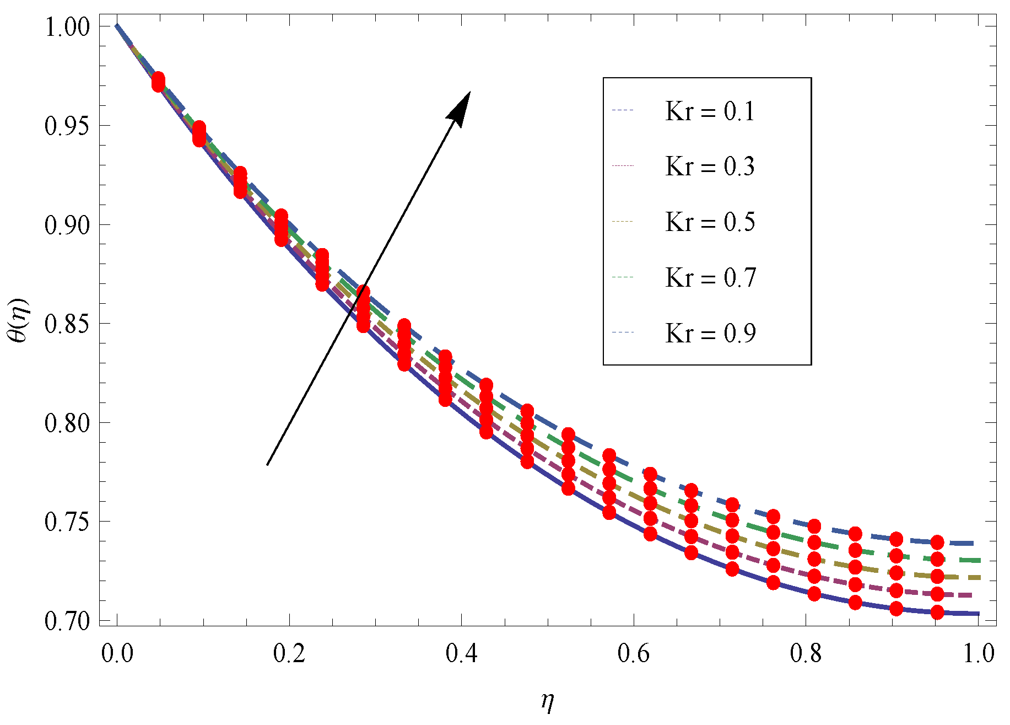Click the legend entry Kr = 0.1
[710, 111]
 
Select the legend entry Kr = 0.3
[710, 167]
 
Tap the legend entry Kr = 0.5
[710, 222]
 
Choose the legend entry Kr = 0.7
[710, 277]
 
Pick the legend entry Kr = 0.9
[710, 333]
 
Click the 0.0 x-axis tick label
[117, 654]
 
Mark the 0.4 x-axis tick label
[462, 654]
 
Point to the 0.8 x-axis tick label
[806, 654]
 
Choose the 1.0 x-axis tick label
[979, 654]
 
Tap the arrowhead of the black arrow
[462, 105]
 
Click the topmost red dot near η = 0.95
[937, 542]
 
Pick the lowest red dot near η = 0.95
[937, 612]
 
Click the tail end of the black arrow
[267, 465]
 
